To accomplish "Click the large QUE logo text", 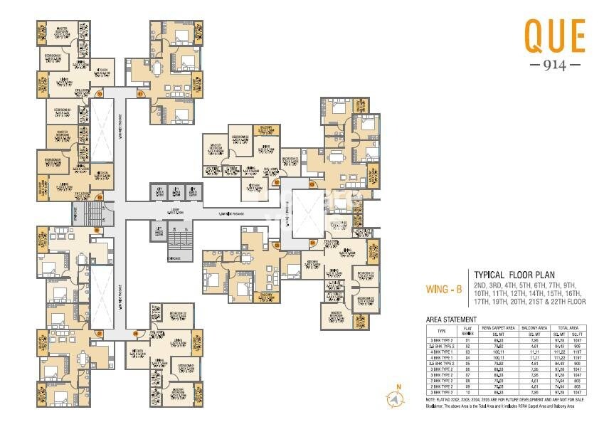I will [554, 36].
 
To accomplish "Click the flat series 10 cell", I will [467, 392].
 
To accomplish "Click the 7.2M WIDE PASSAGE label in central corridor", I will [232, 212].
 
